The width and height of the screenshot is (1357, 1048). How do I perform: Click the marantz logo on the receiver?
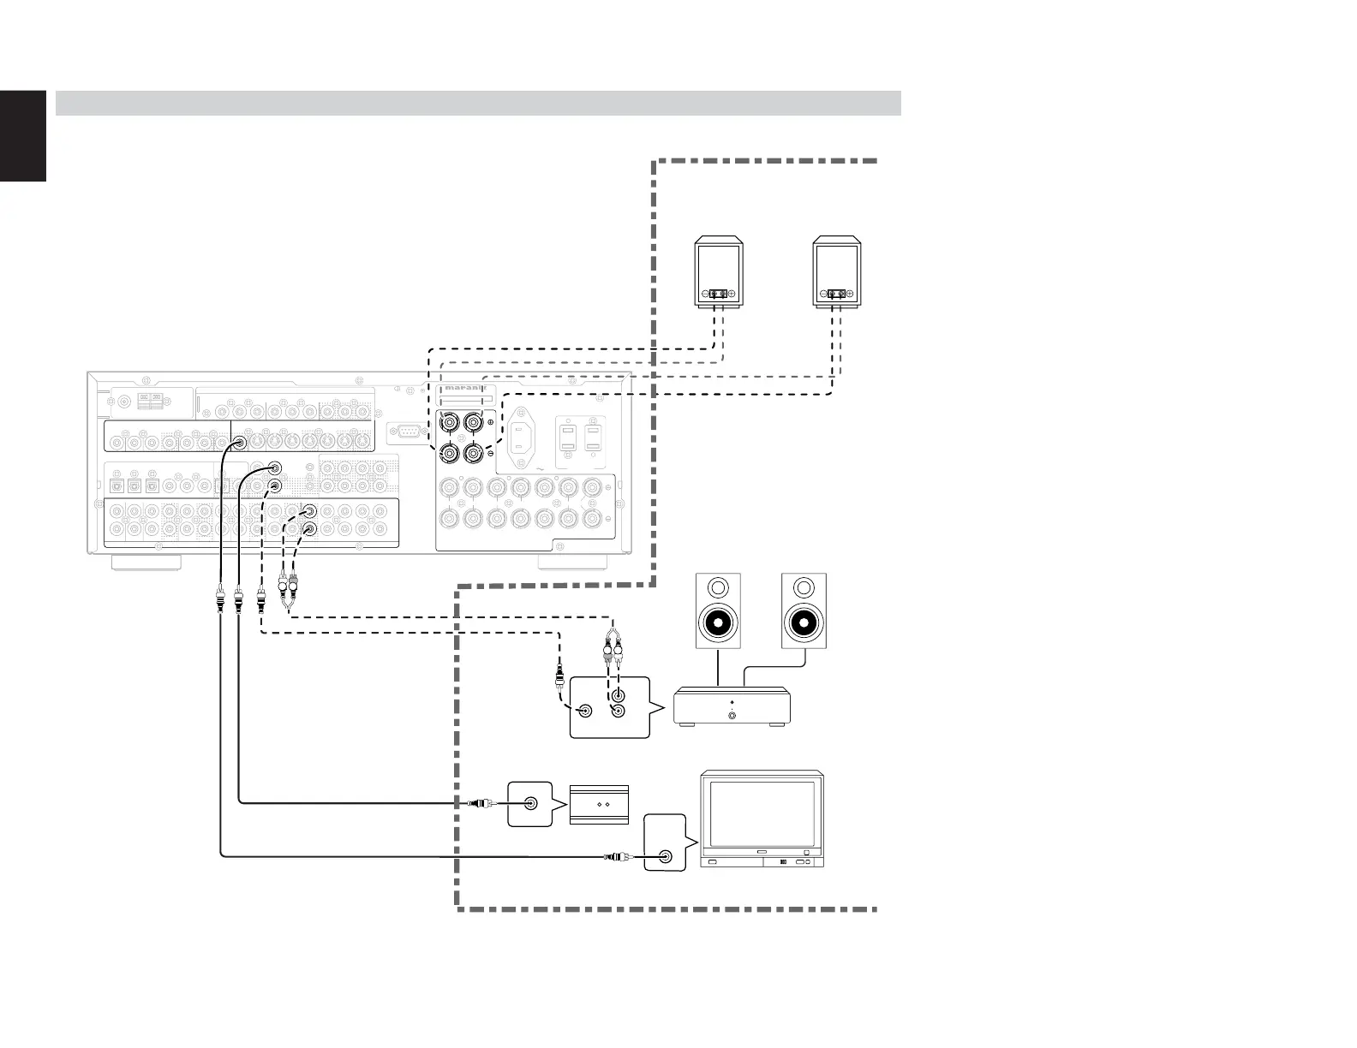(x=463, y=387)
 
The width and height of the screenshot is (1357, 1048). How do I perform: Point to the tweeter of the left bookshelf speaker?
(x=718, y=588)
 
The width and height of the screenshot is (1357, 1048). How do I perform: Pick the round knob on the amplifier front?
(x=732, y=715)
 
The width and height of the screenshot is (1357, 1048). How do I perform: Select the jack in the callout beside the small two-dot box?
(x=531, y=804)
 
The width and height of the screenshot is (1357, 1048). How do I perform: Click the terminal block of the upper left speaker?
(x=718, y=295)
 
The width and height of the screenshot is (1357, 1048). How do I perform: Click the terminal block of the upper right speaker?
(x=838, y=295)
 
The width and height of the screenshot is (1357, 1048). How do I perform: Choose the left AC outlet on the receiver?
(x=567, y=439)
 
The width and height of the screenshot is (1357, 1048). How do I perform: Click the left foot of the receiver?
(x=145, y=563)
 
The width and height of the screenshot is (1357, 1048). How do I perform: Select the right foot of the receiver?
(x=572, y=563)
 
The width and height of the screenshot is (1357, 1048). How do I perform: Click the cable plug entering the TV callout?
(x=617, y=856)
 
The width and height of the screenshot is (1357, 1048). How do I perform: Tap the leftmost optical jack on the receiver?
(x=116, y=485)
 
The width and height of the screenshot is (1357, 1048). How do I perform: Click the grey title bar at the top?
(x=478, y=103)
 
